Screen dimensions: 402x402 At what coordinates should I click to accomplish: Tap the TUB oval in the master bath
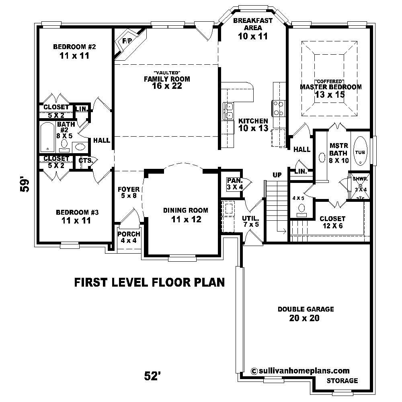coord(360,152)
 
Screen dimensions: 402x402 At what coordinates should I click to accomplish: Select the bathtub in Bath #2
coord(47,138)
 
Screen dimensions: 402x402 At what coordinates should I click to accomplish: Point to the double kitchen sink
coord(229,111)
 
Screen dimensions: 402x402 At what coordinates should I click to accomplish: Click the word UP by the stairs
coord(277,175)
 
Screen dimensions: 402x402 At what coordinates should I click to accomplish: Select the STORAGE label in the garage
coord(342,380)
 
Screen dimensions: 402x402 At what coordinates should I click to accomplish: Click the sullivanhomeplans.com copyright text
coord(299,371)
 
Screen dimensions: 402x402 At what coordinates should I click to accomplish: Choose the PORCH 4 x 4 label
coord(129,237)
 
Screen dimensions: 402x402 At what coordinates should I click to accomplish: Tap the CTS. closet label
coord(85,160)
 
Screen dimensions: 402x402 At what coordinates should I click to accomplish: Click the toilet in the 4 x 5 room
coord(301,208)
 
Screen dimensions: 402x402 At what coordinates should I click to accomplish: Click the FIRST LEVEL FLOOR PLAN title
coord(149,282)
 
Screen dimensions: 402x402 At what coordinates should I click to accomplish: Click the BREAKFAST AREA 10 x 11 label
coord(253,28)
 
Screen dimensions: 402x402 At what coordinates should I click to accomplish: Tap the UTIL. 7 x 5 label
coord(250,221)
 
